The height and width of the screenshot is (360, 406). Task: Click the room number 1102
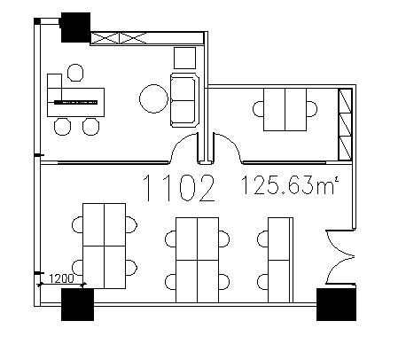click(179, 188)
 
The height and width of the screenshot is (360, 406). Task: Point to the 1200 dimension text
click(61, 278)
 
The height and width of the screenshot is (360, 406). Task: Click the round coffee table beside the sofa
click(153, 98)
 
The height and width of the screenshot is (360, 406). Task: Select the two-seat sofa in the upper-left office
click(184, 100)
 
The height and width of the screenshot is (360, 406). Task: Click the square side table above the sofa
click(184, 58)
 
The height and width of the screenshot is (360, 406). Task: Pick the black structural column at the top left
click(75, 27)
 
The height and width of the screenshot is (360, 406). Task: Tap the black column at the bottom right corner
click(336, 304)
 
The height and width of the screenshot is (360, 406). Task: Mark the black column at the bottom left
click(77, 304)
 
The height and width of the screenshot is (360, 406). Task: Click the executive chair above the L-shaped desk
click(75, 73)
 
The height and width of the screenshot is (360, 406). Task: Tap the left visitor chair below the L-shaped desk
click(62, 127)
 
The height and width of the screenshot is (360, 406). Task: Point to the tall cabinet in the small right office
click(345, 124)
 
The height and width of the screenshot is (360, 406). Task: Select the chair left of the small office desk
click(258, 109)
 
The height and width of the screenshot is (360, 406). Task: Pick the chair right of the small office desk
click(312, 109)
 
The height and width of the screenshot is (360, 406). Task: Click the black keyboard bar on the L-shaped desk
click(75, 102)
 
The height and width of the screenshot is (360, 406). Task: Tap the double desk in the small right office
click(285, 109)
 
